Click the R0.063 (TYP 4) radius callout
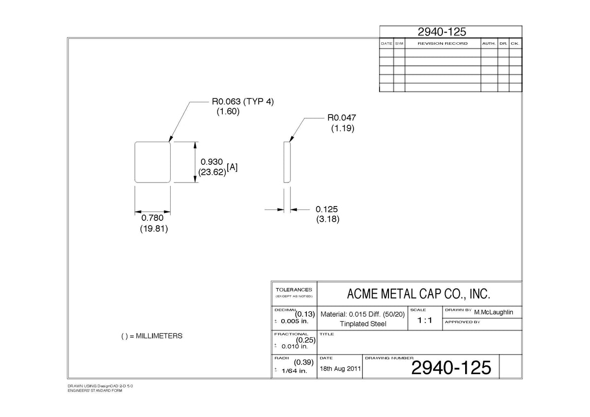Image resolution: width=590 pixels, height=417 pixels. point(242,101)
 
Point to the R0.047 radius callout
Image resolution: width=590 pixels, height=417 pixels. point(342,118)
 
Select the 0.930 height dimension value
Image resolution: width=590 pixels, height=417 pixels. point(211,162)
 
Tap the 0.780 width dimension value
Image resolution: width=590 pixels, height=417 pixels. point(152,218)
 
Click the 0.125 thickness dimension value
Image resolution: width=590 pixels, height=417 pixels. point(326,209)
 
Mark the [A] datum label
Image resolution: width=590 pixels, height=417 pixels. point(232,167)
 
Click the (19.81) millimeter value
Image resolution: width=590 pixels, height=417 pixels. point(154,228)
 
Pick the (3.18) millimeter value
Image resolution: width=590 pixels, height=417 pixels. point(327,219)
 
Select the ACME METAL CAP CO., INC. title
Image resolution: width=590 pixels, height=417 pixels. point(418,294)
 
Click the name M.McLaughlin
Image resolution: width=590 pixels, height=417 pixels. point(494,312)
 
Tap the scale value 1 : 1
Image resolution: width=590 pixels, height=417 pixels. point(425,320)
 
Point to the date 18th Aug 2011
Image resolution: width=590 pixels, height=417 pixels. point(340,368)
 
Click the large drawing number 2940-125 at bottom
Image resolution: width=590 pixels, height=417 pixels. point(451,368)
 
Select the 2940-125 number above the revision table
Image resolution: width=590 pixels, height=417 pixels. point(442,32)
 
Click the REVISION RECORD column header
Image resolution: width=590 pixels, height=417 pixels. point(442,43)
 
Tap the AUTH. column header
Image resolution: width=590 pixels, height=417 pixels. point(489,43)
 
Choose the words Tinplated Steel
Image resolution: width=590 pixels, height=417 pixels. point(363,324)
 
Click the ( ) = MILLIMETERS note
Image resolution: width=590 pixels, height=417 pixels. point(152,336)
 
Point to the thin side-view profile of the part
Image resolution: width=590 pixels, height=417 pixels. point(287,162)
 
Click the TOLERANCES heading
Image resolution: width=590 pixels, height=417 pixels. point(294,290)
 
